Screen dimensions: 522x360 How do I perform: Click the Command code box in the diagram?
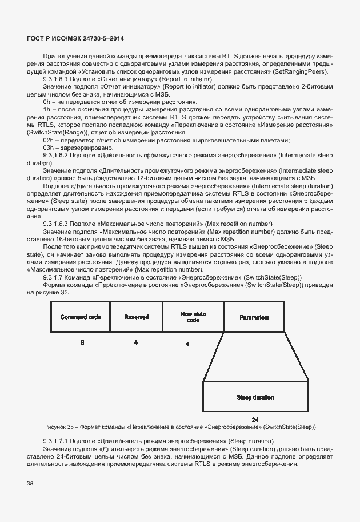tap(81, 317)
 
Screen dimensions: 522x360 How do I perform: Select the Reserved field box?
tap(136, 317)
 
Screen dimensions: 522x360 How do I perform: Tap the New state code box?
tap(193, 317)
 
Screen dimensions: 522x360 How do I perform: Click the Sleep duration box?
tap(255, 397)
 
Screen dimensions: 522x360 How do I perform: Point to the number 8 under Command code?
tap(82, 342)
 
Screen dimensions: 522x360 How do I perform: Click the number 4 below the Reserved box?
tap(135, 342)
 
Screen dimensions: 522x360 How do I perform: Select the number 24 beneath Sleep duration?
tap(255, 419)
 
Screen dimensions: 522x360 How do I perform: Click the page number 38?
tap(30, 483)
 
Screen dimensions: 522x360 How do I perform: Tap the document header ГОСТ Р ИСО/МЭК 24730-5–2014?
tap(75, 38)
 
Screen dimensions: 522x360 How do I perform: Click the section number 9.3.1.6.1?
tap(57, 78)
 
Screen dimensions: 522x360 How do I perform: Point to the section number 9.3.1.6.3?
tap(57, 223)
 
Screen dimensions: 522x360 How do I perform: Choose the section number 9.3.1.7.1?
tap(57, 441)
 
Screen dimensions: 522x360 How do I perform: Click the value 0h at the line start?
tap(47, 101)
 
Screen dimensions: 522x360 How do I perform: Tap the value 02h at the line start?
tap(49, 140)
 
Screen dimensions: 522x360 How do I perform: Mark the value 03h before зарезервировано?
tap(49, 148)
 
